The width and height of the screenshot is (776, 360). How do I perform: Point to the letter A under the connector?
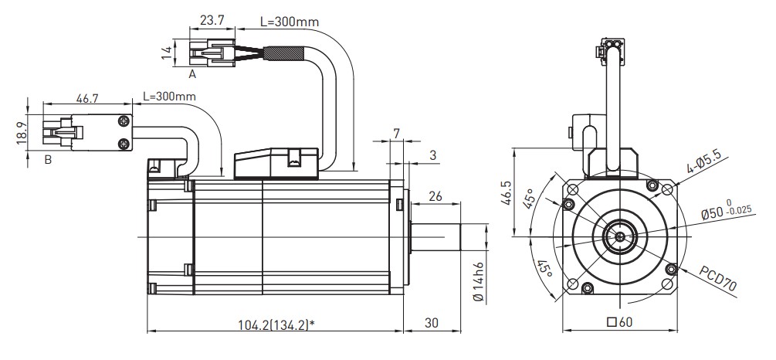(x=193, y=74)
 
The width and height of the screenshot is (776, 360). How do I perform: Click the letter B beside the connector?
(x=48, y=160)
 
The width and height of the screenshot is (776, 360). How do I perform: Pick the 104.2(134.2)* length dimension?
(x=273, y=324)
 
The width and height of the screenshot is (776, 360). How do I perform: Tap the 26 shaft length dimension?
(x=435, y=197)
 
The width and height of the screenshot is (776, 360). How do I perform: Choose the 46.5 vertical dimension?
(x=507, y=199)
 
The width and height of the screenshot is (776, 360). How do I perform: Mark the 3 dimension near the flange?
(x=432, y=155)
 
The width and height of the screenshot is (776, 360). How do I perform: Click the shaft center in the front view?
(x=619, y=236)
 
